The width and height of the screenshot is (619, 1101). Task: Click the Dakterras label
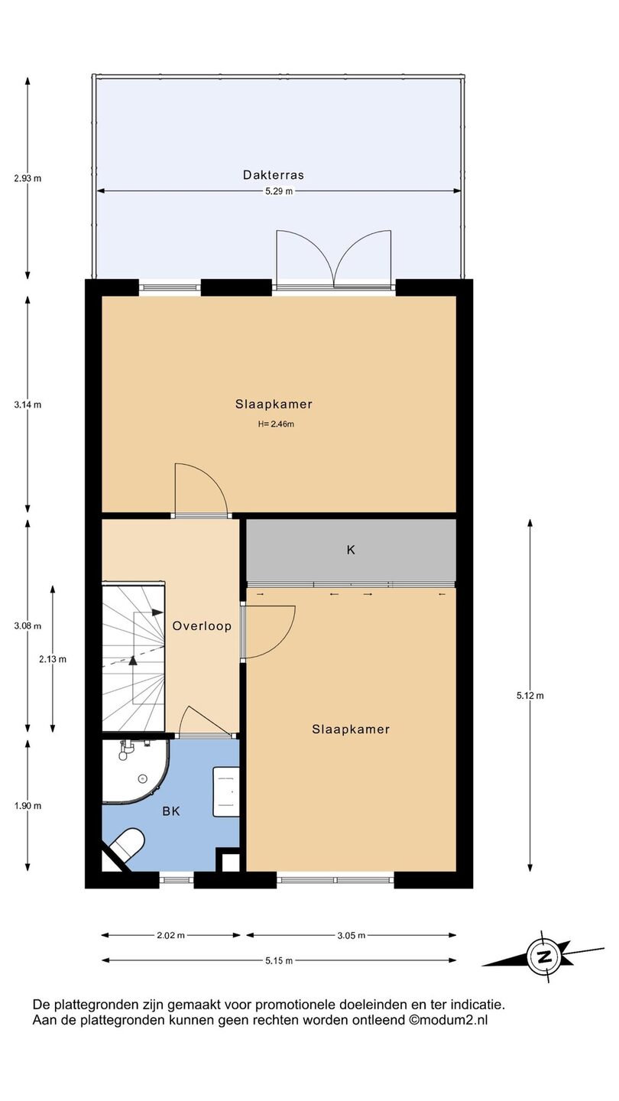click(x=273, y=174)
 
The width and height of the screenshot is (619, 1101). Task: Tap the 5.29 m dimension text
click(x=278, y=192)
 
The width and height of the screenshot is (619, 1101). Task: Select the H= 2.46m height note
click(x=276, y=424)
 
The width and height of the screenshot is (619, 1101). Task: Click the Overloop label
click(x=202, y=626)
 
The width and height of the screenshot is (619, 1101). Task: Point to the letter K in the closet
click(x=351, y=550)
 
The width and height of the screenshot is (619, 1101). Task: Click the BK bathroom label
click(x=171, y=811)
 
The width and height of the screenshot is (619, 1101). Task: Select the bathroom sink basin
click(x=226, y=791)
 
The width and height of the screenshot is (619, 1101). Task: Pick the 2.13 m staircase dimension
click(x=53, y=660)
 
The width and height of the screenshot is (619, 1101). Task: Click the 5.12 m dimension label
click(x=530, y=696)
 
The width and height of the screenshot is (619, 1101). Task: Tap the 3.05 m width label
click(x=352, y=935)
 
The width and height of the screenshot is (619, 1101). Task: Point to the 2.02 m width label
click(x=171, y=935)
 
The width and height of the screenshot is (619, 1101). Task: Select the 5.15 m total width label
click(x=279, y=961)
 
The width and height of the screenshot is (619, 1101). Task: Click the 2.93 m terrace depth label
click(x=28, y=178)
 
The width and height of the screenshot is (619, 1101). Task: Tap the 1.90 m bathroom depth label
click(x=28, y=806)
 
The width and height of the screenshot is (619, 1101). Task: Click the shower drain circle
click(x=142, y=778)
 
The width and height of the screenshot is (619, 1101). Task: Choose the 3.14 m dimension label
click(x=28, y=405)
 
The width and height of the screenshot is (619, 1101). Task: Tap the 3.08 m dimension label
click(x=28, y=626)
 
